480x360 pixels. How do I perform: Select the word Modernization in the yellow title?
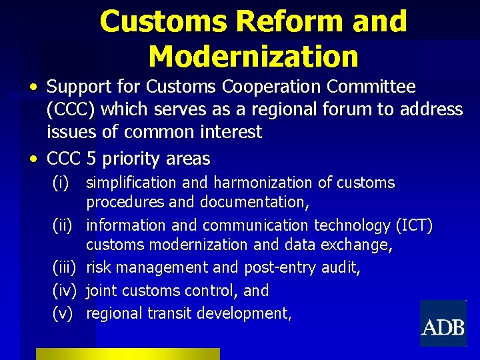click(253, 56)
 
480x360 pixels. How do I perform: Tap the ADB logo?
click(443, 327)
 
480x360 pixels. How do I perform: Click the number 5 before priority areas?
click(91, 159)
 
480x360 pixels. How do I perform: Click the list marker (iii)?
click(64, 268)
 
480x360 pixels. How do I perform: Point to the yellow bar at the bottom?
click(127, 354)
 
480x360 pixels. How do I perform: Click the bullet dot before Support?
click(33, 88)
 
